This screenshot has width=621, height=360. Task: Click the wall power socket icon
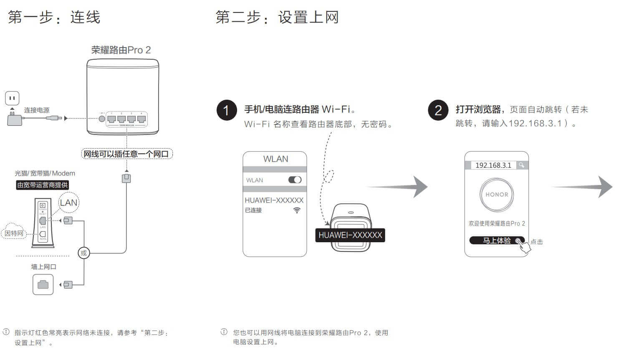click(x=12, y=99)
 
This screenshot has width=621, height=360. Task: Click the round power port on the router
click(x=102, y=119)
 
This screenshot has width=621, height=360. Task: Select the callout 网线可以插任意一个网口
click(x=126, y=154)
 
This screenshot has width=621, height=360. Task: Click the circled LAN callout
click(x=68, y=203)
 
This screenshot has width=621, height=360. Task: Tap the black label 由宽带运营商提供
click(x=42, y=185)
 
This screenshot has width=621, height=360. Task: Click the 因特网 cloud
click(x=14, y=233)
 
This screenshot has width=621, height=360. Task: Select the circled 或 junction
click(x=84, y=253)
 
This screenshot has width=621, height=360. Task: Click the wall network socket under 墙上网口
click(x=43, y=285)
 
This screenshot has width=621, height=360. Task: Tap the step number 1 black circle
click(x=227, y=110)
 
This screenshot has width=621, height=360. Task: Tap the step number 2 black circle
click(x=438, y=110)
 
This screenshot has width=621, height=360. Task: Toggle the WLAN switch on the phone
click(x=295, y=180)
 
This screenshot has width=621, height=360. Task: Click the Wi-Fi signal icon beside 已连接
click(x=297, y=210)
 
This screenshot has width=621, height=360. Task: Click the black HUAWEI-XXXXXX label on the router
click(x=350, y=235)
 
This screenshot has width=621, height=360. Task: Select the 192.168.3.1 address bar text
click(x=493, y=165)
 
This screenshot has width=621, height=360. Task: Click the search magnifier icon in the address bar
click(x=522, y=165)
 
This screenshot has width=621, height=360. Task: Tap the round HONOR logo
click(x=497, y=195)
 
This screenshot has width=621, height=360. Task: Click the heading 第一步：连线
click(x=54, y=18)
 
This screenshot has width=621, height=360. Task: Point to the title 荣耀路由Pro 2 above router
click(x=121, y=50)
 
